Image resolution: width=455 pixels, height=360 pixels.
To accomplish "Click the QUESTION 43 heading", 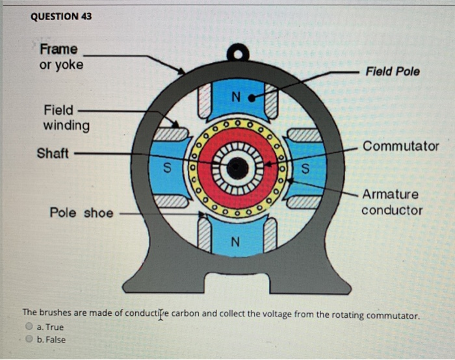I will pyautogui.click(x=61, y=16).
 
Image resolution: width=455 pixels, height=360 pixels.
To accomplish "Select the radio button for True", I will pyautogui.click(x=29, y=327).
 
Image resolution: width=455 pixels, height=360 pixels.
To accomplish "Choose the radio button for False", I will pyautogui.click(x=29, y=339).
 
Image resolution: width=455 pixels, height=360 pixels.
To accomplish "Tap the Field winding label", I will pyautogui.click(x=66, y=117).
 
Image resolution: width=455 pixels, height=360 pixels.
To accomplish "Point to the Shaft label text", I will pyautogui.click(x=53, y=153).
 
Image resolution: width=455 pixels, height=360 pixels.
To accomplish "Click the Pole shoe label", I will pyautogui.click(x=81, y=212).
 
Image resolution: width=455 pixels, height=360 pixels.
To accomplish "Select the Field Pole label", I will pyautogui.click(x=393, y=71).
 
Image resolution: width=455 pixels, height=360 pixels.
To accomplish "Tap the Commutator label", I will pyautogui.click(x=400, y=146).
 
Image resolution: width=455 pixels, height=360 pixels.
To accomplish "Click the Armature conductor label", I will pyautogui.click(x=391, y=202).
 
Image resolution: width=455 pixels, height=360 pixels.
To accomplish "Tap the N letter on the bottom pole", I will pyautogui.click(x=235, y=242).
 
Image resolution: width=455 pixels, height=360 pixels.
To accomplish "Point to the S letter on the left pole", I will pyautogui.click(x=167, y=170).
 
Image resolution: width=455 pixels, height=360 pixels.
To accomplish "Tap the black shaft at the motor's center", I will pyautogui.click(x=238, y=169).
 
